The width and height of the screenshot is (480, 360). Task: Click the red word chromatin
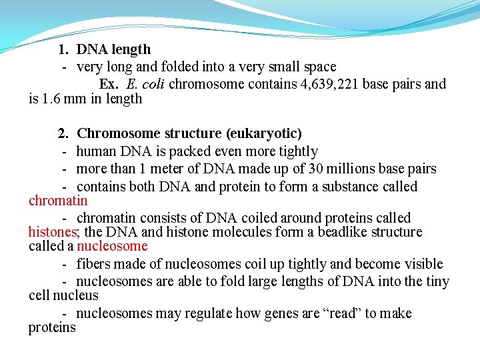click(58, 201)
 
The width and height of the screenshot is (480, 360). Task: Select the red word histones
click(53, 232)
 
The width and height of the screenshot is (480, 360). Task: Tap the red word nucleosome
click(115, 246)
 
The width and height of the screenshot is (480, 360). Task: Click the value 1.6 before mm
click(52, 99)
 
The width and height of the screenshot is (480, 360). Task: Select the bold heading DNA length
click(114, 49)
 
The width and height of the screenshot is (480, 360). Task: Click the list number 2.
click(63, 134)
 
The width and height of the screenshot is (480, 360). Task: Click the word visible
click(422, 263)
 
